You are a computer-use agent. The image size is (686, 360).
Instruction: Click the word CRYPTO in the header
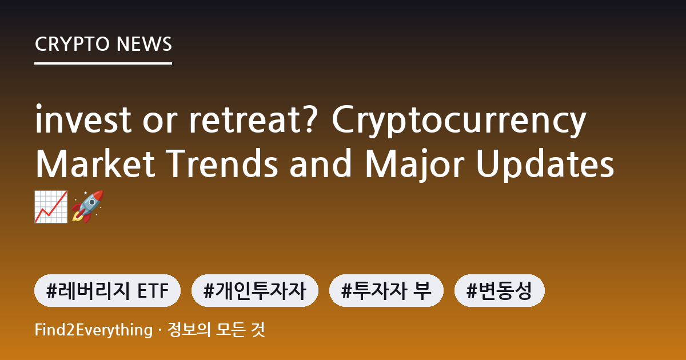72,44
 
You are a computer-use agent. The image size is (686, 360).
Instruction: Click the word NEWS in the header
144,44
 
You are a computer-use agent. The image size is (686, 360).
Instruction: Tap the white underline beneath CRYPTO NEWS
103,63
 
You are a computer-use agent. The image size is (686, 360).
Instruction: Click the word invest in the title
83,119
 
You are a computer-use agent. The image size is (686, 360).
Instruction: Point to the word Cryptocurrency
459,121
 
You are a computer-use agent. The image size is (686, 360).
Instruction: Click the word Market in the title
95,163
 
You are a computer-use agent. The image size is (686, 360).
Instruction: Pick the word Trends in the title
222,163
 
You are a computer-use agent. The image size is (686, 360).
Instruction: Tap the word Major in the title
415,166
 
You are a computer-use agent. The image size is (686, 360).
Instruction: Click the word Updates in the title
545,166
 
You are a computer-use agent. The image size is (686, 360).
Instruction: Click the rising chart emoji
51,207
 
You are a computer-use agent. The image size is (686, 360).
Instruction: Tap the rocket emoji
87,207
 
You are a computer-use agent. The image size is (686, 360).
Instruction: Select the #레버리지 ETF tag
107,290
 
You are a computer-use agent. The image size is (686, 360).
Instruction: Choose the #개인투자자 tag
255,290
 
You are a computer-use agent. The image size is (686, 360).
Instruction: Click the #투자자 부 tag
386,290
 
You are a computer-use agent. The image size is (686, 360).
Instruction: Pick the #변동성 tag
500,290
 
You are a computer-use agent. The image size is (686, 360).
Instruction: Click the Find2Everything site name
94,330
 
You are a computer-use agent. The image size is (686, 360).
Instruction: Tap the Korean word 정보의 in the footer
189,330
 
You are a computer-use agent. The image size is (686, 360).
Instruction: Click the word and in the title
321,163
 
